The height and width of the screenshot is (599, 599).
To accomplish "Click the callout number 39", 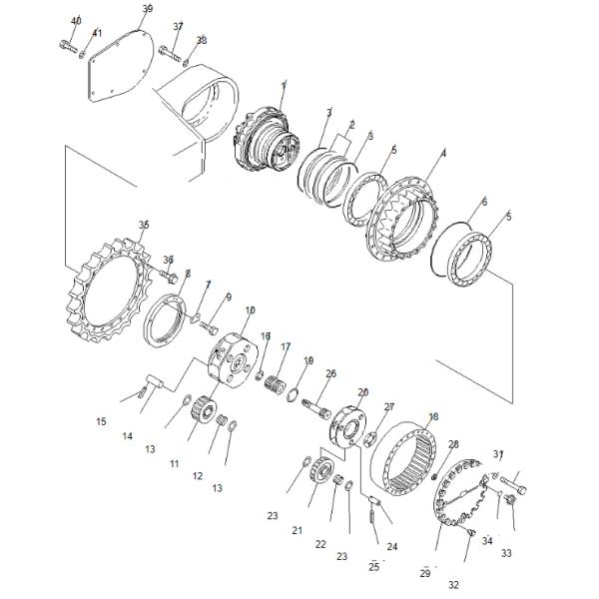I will click(147, 9).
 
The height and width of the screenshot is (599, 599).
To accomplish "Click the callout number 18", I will click(432, 416).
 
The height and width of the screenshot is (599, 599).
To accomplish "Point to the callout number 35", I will click(144, 227).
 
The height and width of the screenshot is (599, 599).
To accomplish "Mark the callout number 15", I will click(101, 422).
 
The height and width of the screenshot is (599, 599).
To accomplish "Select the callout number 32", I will click(453, 585).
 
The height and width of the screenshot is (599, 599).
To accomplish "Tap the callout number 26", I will click(331, 374).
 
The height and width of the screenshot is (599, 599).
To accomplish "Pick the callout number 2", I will click(350, 126).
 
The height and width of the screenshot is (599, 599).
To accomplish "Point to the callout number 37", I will click(178, 26).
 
